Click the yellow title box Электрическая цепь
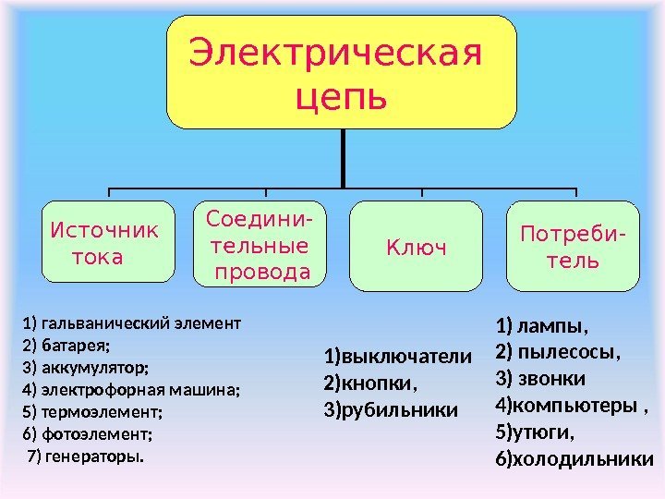pyautogui.click(x=341, y=72)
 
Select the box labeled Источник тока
pyautogui.click(x=108, y=241)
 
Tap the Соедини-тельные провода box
pyautogui.click(x=259, y=243)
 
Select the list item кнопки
pyautogui.click(x=380, y=383)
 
